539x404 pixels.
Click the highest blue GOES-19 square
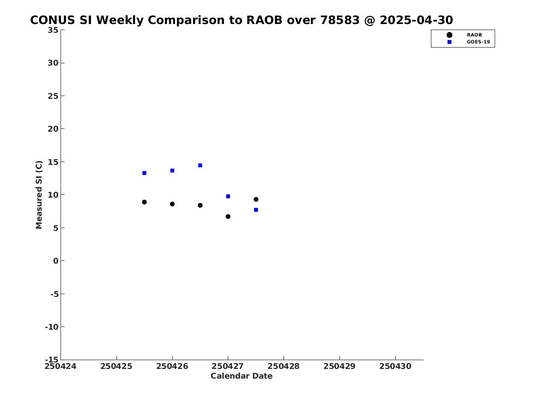[200, 165]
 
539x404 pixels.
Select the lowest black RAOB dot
[228, 217]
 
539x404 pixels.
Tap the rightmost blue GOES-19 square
[256, 210]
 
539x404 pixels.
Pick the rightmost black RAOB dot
[256, 199]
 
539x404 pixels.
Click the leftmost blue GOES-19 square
[145, 173]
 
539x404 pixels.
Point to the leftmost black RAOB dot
[145, 202]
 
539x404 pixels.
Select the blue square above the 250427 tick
[228, 197]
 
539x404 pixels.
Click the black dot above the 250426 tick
[172, 204]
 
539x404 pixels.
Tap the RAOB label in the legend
[474, 35]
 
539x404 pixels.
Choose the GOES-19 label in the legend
[478, 42]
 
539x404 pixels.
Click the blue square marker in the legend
[449, 42]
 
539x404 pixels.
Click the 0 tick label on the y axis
[56, 261]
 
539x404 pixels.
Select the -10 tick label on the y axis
[52, 327]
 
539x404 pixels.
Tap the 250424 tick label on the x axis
[61, 366]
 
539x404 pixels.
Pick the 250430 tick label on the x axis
[395, 366]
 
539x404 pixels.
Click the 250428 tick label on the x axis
[284, 366]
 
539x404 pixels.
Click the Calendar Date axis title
[242, 376]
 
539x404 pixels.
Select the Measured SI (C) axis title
[39, 195]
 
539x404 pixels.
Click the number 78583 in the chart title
[340, 20]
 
